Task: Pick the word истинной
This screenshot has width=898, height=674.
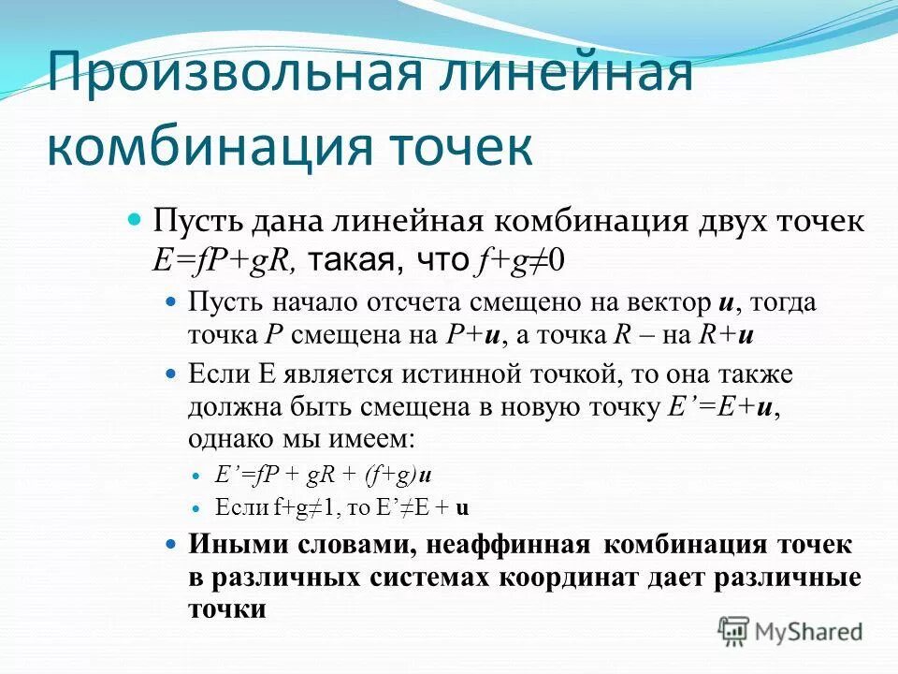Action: coord(465,375)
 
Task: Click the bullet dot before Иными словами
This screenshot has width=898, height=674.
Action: coord(170,544)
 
